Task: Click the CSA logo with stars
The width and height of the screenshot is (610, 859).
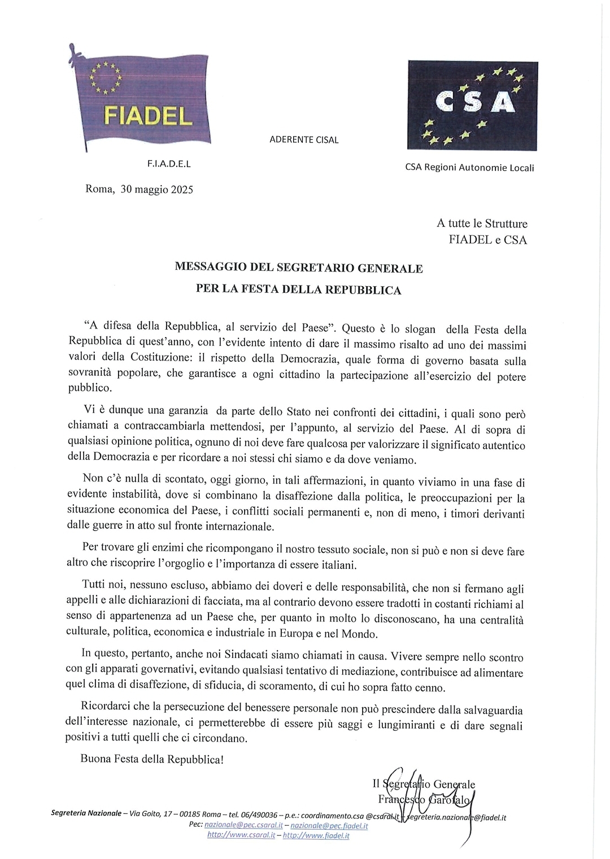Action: pyautogui.click(x=472, y=106)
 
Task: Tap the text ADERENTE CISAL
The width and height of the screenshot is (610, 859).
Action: pyautogui.click(x=304, y=140)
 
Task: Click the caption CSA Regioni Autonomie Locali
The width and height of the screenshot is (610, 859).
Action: pyautogui.click(x=469, y=168)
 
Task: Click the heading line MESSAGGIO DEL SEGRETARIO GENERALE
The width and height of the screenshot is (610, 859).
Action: pyautogui.click(x=298, y=268)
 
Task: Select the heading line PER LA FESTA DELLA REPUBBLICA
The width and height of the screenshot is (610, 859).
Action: pyautogui.click(x=298, y=290)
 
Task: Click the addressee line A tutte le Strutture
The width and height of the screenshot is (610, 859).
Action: pyautogui.click(x=482, y=223)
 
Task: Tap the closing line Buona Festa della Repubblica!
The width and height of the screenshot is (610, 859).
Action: pyautogui.click(x=152, y=759)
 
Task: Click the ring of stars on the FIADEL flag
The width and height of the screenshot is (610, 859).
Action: pyautogui.click(x=106, y=78)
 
